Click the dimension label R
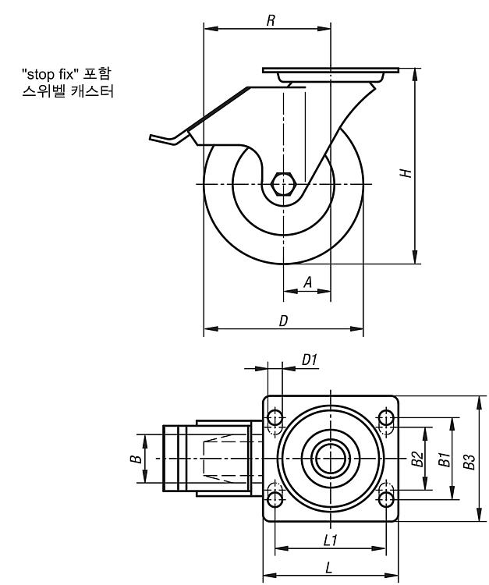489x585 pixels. (271, 20)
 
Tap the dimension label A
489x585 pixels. (308, 282)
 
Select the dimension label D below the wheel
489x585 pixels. (283, 321)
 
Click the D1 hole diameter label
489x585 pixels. (310, 360)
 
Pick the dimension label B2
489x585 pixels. (418, 459)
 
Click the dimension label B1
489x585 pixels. (445, 459)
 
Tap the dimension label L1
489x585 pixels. (331, 540)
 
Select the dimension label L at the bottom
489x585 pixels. (328, 568)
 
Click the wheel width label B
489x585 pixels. (136, 459)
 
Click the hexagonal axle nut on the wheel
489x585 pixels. (283, 184)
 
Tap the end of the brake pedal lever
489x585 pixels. (151, 137)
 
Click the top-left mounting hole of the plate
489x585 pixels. (275, 417)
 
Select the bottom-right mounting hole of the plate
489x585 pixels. (386, 499)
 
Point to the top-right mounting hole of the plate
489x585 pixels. (386, 417)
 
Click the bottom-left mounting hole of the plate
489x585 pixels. (275, 499)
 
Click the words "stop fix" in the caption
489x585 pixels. (50, 74)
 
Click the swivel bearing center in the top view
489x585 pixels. (331, 459)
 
